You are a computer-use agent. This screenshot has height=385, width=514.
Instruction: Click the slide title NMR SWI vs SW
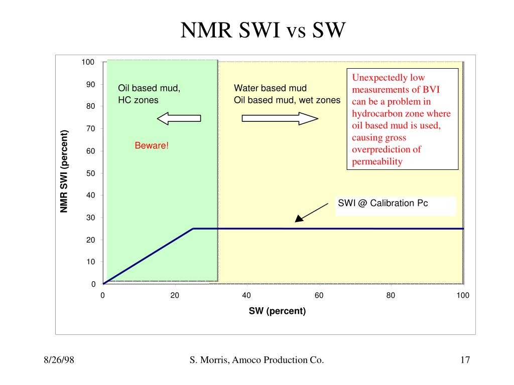263,31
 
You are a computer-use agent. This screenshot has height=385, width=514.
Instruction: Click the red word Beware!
152,145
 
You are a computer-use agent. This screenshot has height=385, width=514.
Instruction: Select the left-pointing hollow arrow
179,118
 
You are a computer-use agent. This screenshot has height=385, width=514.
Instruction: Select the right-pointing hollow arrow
280,118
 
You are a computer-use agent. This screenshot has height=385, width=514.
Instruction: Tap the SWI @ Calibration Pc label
382,203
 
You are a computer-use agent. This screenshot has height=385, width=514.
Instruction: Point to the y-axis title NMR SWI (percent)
64,171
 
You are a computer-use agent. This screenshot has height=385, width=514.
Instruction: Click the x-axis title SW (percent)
277,311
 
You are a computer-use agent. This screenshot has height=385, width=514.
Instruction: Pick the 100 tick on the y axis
88,62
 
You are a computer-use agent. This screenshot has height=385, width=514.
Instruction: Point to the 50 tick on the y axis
90,173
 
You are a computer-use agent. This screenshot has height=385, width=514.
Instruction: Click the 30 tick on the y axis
90,218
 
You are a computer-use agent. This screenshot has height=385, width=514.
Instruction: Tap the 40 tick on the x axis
246,295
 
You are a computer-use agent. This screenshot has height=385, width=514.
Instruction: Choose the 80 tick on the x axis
391,295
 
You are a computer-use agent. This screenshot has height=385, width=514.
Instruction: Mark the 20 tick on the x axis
175,295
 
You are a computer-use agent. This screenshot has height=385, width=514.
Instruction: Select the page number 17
464,360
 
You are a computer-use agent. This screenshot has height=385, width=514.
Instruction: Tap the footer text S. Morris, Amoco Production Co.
256,360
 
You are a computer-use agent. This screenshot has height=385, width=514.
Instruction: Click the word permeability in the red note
377,161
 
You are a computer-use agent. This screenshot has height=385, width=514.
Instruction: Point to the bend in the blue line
193,229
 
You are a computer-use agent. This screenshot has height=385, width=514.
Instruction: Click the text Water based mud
270,88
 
